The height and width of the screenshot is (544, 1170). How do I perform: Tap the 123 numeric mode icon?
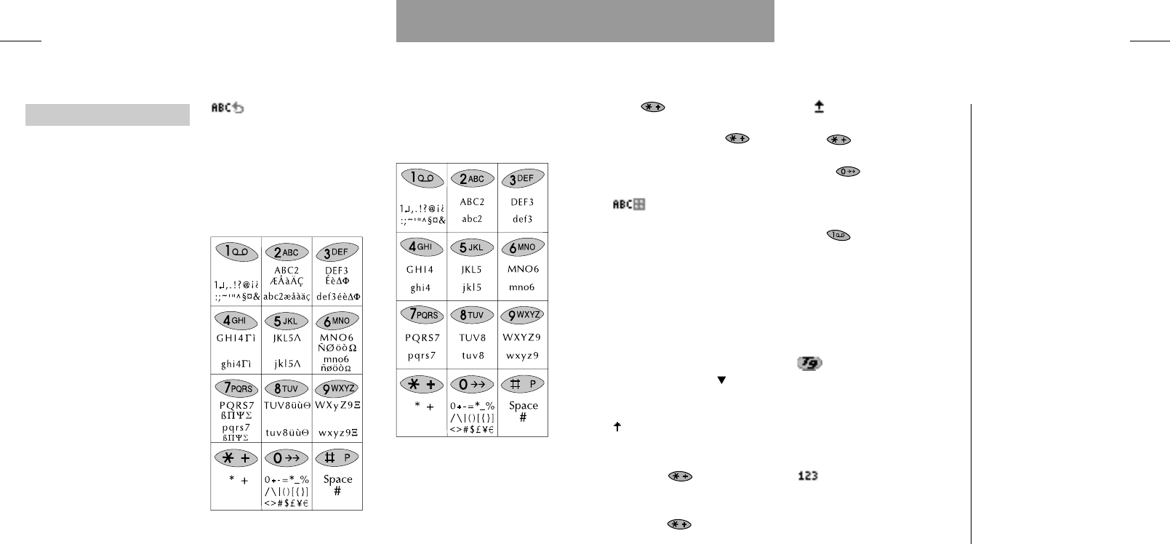coord(807,476)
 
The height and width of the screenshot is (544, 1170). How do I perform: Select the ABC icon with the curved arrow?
coord(228,108)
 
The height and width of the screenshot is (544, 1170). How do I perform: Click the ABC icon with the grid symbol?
coord(629,205)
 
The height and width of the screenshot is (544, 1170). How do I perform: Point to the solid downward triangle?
coord(721,380)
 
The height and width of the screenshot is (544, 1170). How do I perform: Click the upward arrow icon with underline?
coord(819,107)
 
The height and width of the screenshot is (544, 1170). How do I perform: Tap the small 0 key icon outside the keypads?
coord(848,172)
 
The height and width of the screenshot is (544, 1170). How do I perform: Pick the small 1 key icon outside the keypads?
coord(838,235)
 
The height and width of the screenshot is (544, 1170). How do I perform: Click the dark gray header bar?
coord(585,21)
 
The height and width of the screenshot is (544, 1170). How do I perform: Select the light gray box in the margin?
coord(108,115)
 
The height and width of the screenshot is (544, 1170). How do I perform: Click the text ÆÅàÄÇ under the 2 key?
coord(287,281)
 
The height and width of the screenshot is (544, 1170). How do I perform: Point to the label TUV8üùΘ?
coord(287,405)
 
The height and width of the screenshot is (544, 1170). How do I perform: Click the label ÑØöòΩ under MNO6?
coord(337,348)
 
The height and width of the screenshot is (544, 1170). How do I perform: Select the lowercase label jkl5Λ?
coord(287,364)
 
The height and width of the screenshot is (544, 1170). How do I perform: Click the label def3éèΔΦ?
coord(337,297)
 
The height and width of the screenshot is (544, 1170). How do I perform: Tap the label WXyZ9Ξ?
coord(337,405)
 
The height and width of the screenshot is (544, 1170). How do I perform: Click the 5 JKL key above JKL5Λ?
coord(287,321)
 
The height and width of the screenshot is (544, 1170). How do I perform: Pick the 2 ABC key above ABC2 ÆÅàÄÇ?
coord(287,252)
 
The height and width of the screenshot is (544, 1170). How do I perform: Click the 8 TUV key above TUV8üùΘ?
coord(287,388)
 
